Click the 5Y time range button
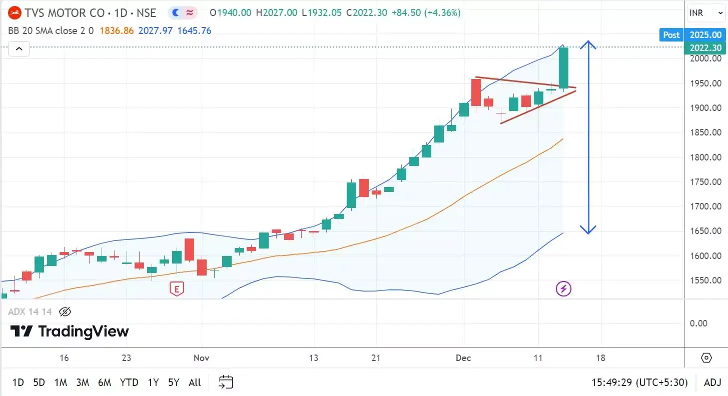[x=173, y=382]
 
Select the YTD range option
[x=129, y=382]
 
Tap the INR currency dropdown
[x=705, y=13]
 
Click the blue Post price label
[x=671, y=34]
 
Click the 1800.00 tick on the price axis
[x=705, y=157]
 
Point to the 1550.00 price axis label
[x=705, y=280]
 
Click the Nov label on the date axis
[x=201, y=358]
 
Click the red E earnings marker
[x=176, y=288]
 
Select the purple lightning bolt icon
[x=563, y=288]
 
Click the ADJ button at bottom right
[x=712, y=382]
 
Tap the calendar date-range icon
[x=226, y=382]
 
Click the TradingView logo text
[x=70, y=331]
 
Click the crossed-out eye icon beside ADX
[x=65, y=312]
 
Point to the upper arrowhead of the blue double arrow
[x=588, y=43]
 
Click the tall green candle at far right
[x=563, y=68]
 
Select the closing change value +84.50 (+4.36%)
[x=426, y=13]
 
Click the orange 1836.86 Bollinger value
[x=117, y=30]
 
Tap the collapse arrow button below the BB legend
[x=19, y=48]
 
